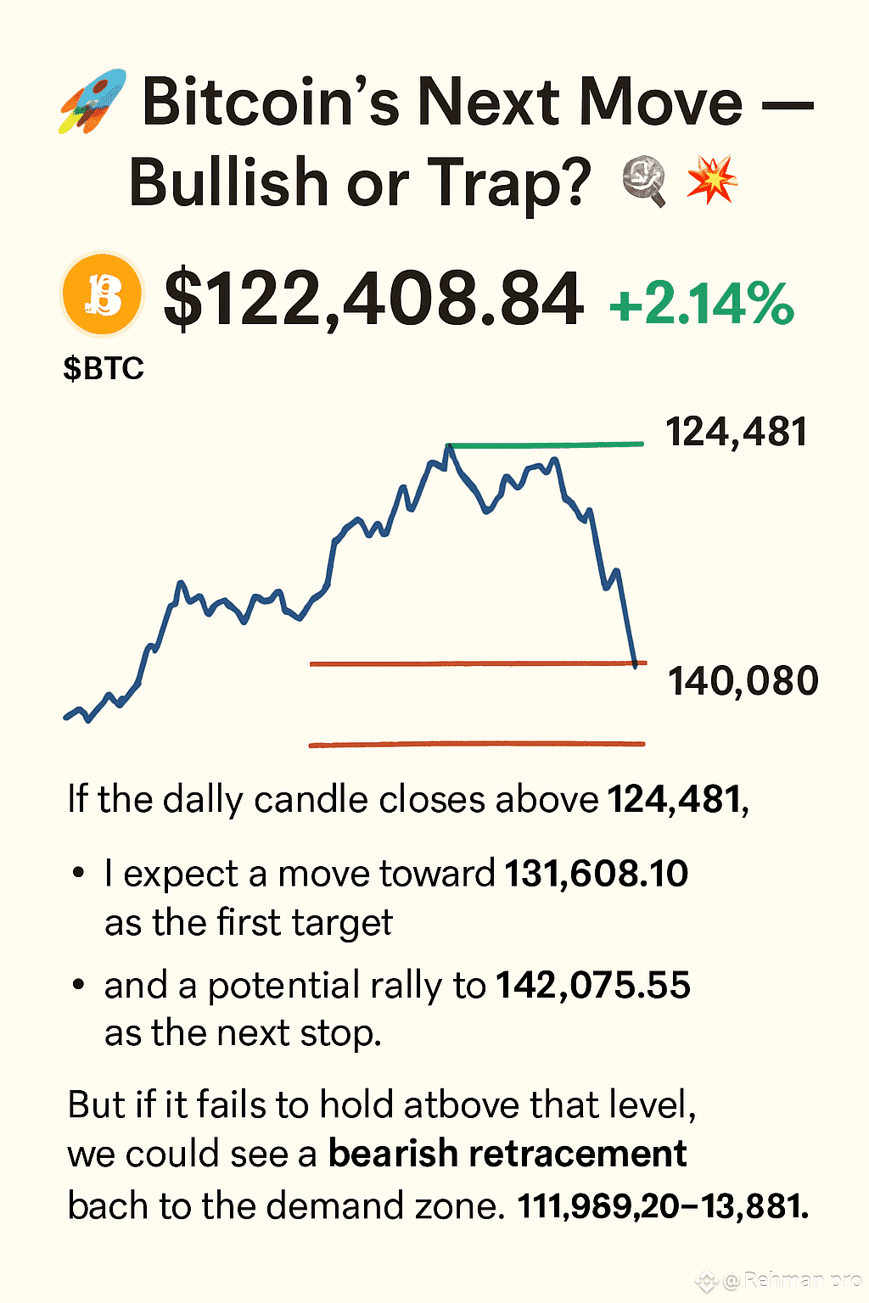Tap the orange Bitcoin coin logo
click(x=103, y=294)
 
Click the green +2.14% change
click(x=701, y=303)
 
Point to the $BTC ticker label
click(x=104, y=368)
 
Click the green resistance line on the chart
click(x=546, y=445)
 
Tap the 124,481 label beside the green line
click(x=737, y=432)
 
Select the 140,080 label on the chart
click(x=743, y=681)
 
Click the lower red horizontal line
click(x=477, y=744)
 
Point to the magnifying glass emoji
click(x=644, y=182)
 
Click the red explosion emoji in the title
click(x=712, y=181)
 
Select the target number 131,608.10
click(x=596, y=873)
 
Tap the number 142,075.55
click(x=593, y=985)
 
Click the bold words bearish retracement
click(x=507, y=1153)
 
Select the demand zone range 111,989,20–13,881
click(x=663, y=1206)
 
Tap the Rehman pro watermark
click(x=792, y=1279)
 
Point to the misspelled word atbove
click(x=462, y=1104)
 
